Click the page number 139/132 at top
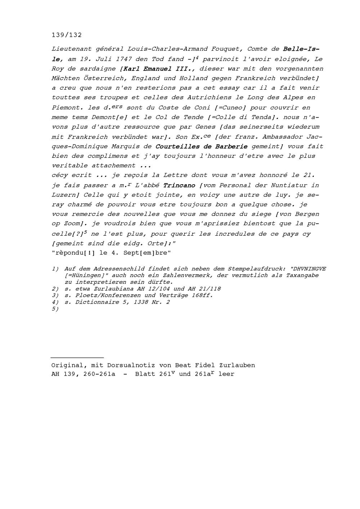pyautogui.click(x=67, y=35)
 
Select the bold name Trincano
pyautogui.click(x=179, y=185)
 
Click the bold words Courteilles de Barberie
pyautogui.click(x=201, y=146)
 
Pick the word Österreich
pyautogui.click(x=99, y=78)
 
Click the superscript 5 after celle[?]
pyautogui.click(x=86, y=232)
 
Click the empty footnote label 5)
pyautogui.click(x=55, y=309)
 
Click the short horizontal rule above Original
pyautogui.click(x=77, y=358)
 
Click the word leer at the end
pyautogui.click(x=226, y=374)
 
